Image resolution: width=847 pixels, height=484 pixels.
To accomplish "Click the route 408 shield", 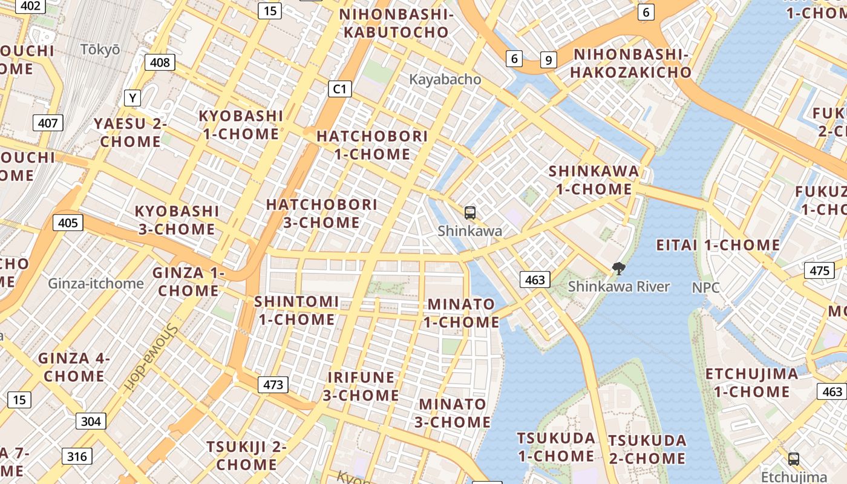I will [x=160, y=62].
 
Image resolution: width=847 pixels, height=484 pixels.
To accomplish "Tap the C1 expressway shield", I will [x=339, y=89].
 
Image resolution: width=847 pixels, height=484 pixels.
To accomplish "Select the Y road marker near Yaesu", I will [x=132, y=97].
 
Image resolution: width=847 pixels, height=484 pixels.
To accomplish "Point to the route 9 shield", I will [x=549, y=59].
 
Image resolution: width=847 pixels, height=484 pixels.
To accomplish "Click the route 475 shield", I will [x=819, y=270].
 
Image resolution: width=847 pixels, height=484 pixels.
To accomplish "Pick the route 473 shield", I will [x=273, y=384].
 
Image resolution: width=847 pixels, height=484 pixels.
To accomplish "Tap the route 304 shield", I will [x=91, y=421].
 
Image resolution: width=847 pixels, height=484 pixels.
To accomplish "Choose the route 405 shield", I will [x=68, y=223].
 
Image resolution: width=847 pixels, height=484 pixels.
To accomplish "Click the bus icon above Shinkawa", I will [x=469, y=212].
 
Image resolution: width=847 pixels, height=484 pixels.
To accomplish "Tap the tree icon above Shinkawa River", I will [x=618, y=268].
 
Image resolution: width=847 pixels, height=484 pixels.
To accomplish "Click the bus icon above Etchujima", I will [x=794, y=459].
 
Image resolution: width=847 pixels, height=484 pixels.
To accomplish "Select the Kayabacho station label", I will [x=445, y=79].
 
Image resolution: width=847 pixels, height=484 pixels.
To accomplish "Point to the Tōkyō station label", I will [x=100, y=50].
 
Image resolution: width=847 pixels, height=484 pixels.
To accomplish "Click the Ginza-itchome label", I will [x=96, y=283].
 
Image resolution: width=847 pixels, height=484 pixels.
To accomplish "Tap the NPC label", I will [x=705, y=287].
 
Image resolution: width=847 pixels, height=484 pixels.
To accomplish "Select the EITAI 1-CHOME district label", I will [x=718, y=245].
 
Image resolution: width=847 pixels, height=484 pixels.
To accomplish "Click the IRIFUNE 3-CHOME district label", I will [x=361, y=387].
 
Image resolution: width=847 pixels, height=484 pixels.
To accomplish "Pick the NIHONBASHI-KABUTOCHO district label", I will [x=396, y=23].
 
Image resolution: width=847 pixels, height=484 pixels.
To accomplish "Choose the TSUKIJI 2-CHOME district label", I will [x=246, y=456].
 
